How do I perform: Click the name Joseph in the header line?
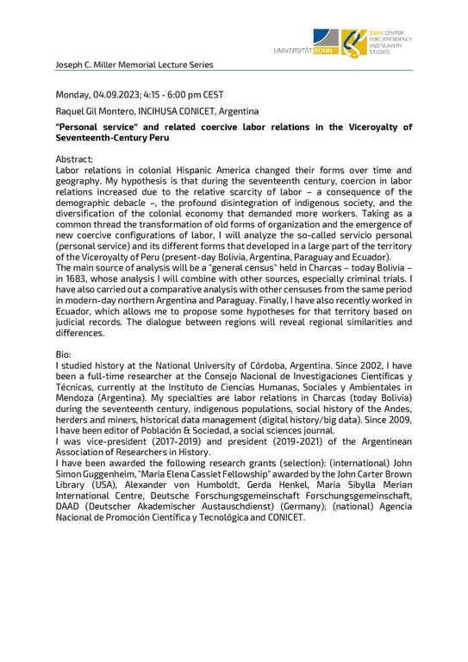68,65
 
